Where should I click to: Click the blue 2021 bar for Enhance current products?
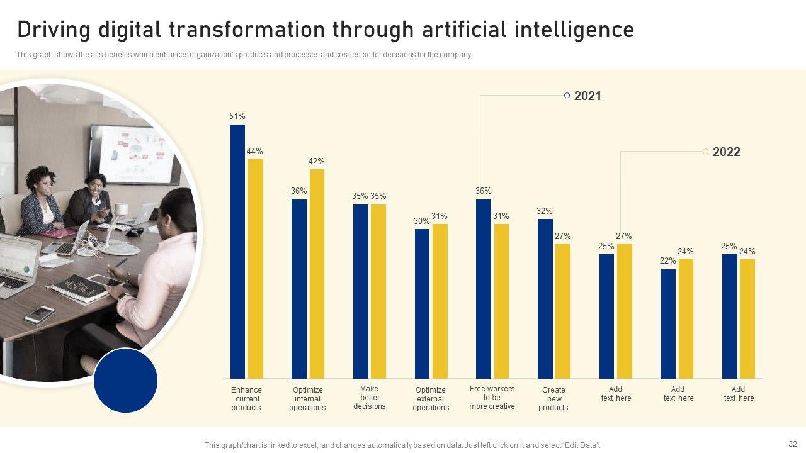[237, 252]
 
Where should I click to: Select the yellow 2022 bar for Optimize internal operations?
[317, 274]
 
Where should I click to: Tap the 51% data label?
[237, 116]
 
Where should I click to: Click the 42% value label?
[316, 162]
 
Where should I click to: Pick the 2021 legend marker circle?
[567, 96]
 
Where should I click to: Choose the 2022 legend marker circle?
[705, 152]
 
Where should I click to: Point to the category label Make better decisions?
[370, 398]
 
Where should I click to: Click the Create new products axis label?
[553, 399]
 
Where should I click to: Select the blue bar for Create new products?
[545, 299]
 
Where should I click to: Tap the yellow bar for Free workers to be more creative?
[501, 301]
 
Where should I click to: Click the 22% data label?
[668, 261]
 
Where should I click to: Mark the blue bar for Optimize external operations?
[422, 303]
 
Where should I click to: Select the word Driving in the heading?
[52, 30]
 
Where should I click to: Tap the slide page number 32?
[792, 443]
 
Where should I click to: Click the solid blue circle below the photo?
[125, 381]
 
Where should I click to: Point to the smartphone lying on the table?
[40, 314]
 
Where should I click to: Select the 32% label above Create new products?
[545, 211]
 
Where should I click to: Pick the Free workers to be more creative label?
[492, 398]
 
